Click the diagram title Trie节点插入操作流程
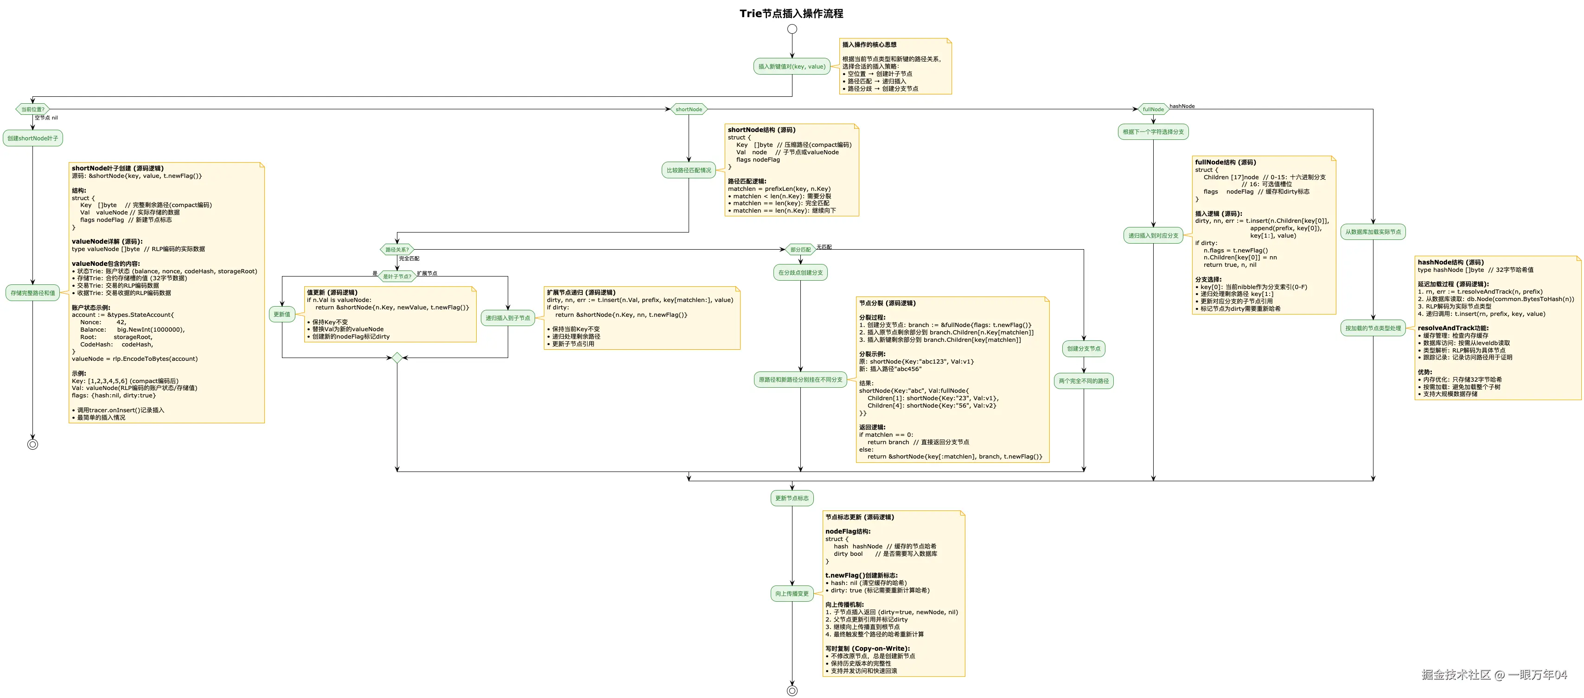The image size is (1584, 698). coord(792,13)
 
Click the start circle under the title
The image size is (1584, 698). coord(792,29)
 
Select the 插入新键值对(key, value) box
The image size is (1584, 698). coord(792,66)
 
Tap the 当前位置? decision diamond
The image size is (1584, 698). coord(32,109)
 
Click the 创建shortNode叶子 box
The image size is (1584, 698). coord(32,138)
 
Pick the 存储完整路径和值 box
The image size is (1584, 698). coord(32,293)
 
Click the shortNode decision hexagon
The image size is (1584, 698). coord(689,109)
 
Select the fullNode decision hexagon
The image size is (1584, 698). coord(1153,109)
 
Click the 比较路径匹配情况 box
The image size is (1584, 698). coord(689,170)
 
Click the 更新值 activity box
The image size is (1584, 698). coord(281,314)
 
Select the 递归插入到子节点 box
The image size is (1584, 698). coord(507,318)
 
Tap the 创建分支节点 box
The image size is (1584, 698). coord(1084,348)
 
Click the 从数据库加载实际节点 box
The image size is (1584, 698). coord(1373,232)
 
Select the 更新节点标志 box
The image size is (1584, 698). coord(792,498)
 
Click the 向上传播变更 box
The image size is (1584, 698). coord(792,593)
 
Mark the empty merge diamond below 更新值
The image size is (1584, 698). coord(397,358)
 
